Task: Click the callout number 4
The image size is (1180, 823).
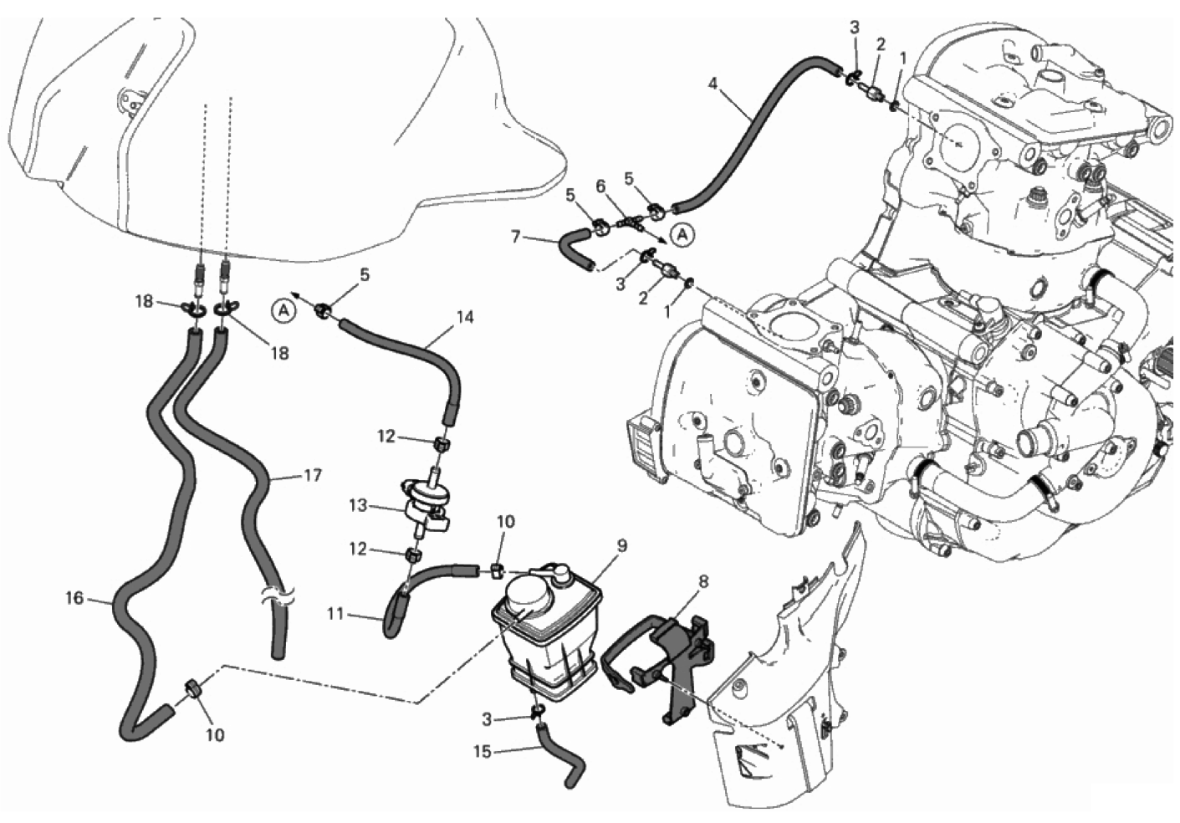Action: point(713,84)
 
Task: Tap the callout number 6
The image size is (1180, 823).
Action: point(601,187)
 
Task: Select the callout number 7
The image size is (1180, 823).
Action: point(516,237)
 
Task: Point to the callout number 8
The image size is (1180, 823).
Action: point(702,581)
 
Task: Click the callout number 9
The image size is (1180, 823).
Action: point(622,546)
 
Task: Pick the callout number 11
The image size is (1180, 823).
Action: point(335,614)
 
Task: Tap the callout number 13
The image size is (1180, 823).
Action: point(358,506)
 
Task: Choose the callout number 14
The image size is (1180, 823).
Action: point(465,317)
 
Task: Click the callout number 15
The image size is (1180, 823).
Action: point(483,752)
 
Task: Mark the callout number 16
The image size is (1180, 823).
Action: point(74,598)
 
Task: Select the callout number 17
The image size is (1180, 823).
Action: point(313,476)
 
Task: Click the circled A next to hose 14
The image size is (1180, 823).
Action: point(284,312)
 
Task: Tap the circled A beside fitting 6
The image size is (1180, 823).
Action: point(682,237)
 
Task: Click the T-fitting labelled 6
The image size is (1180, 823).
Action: point(629,222)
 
